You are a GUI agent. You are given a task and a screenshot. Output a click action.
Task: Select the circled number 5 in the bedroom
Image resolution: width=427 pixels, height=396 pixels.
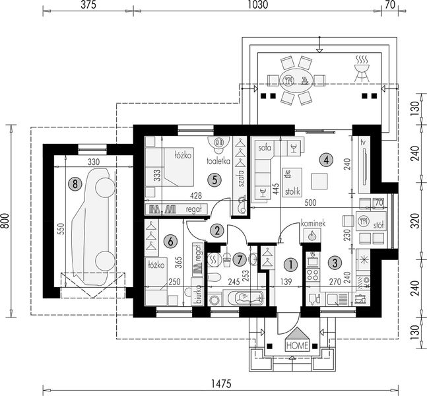coord(212,178)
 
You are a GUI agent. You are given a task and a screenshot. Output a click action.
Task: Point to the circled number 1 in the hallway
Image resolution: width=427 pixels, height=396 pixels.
coord(288,264)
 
